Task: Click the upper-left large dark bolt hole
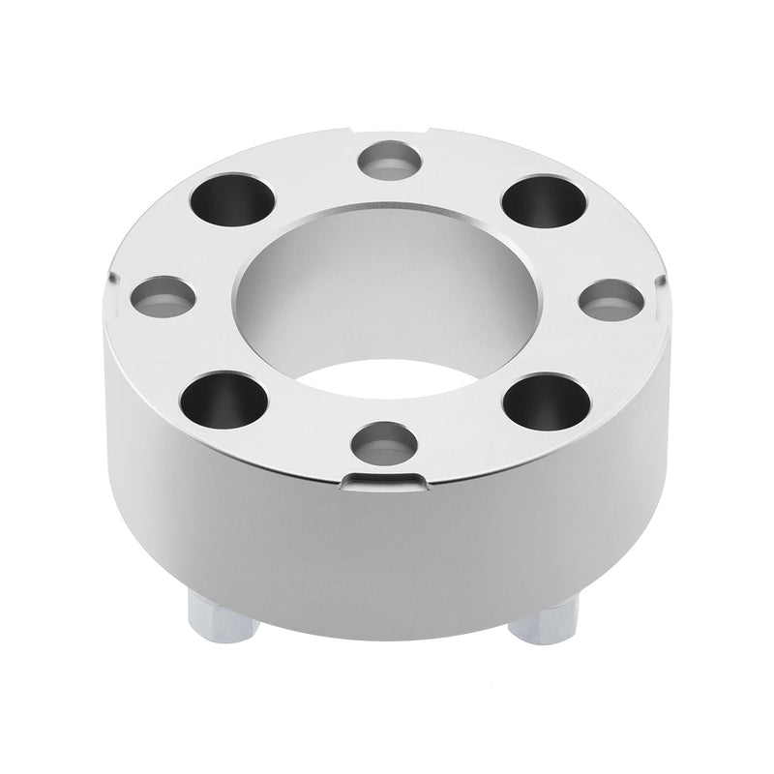click(x=230, y=198)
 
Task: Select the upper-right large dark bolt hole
click(x=545, y=200)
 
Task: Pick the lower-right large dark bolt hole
click(x=546, y=402)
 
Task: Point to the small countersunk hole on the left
click(x=162, y=296)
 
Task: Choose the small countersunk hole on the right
click(x=611, y=300)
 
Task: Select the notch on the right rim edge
click(x=662, y=281)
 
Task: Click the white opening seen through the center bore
click(x=387, y=377)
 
